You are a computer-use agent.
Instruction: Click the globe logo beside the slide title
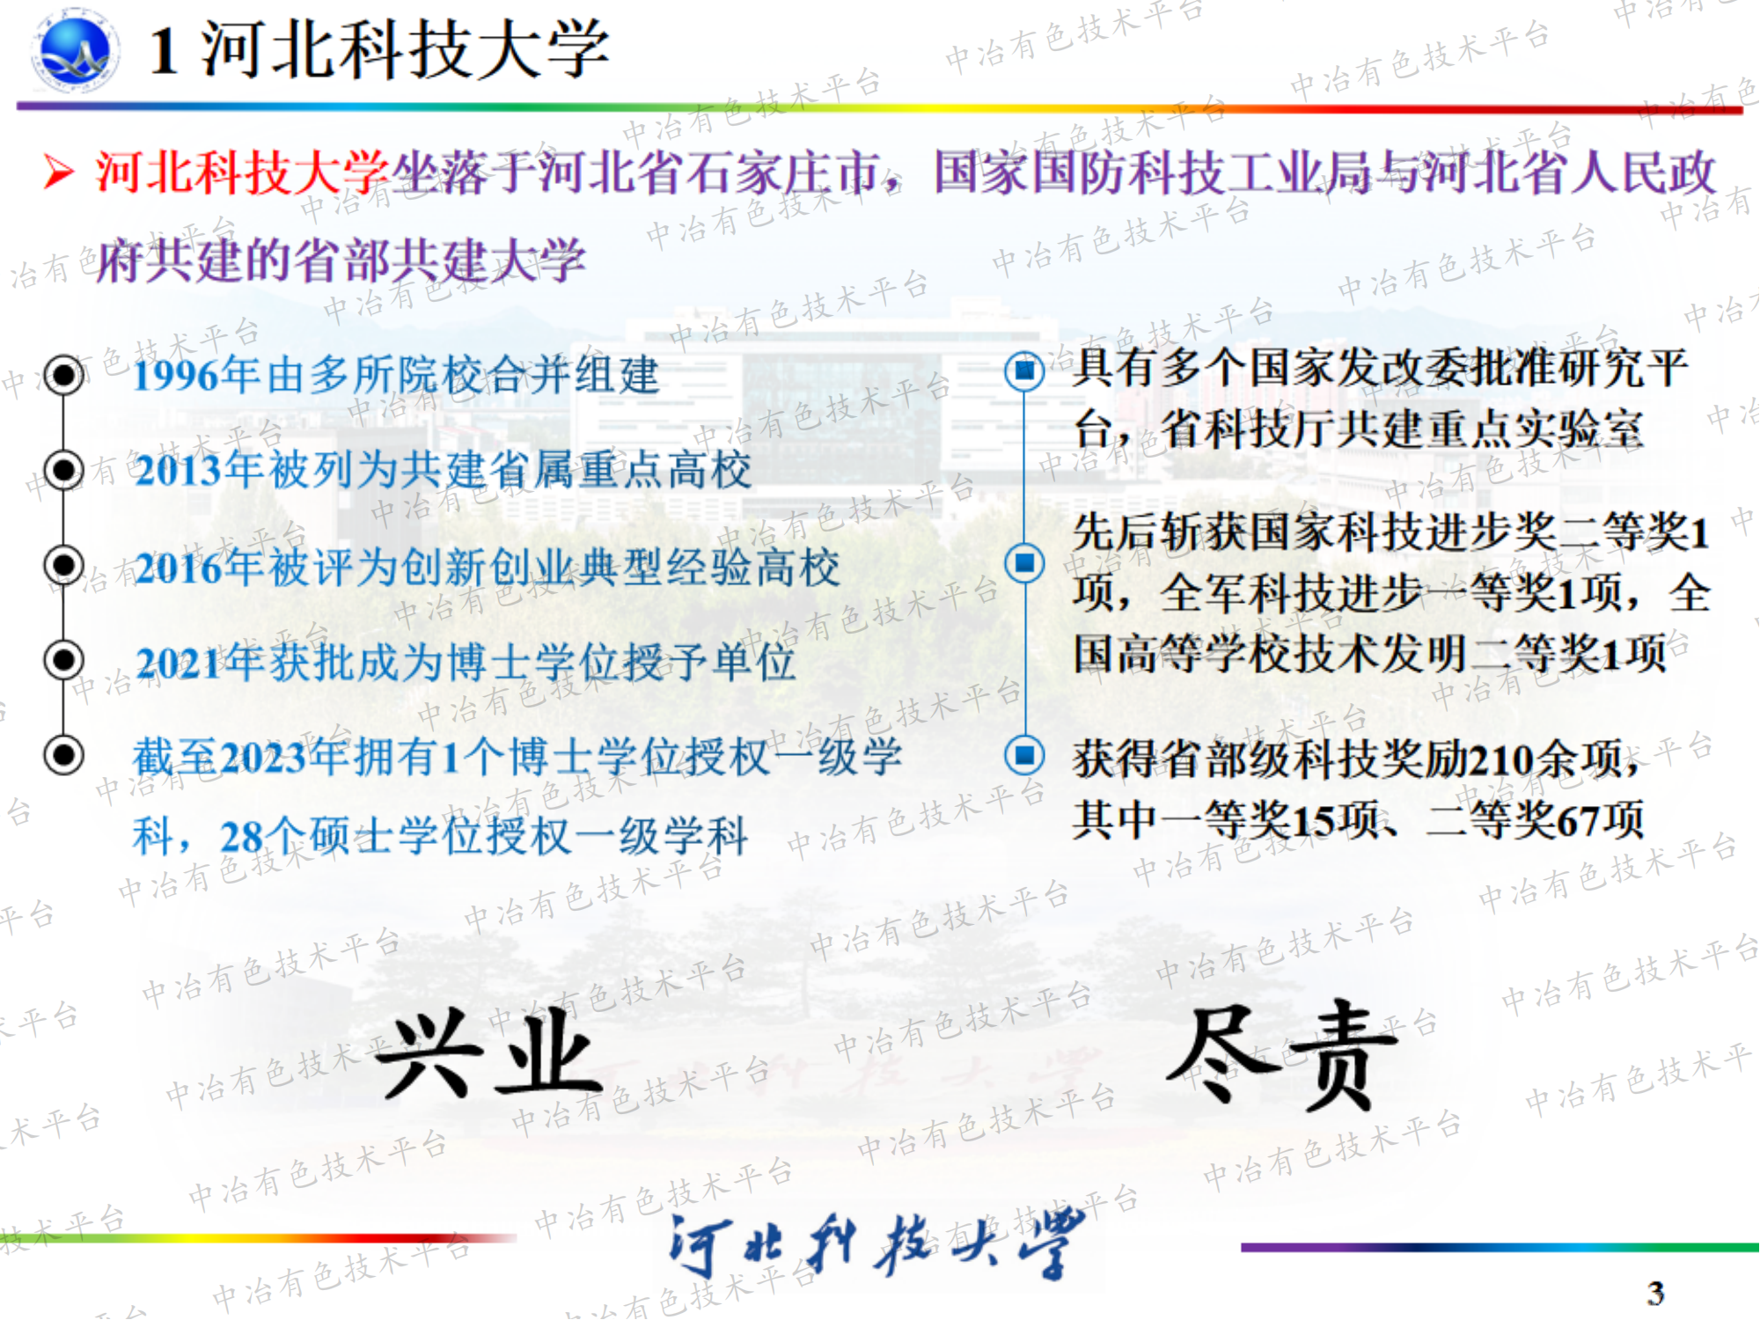pyautogui.click(x=75, y=50)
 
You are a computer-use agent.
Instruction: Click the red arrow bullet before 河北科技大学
pyautogui.click(x=59, y=171)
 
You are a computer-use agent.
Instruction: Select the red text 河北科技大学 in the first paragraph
pyautogui.click(x=242, y=171)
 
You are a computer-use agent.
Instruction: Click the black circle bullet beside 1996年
pyautogui.click(x=64, y=376)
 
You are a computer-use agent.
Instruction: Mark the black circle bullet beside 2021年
pyautogui.click(x=64, y=660)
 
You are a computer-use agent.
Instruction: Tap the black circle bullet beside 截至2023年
pyautogui.click(x=64, y=755)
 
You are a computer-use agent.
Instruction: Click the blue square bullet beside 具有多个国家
pyautogui.click(x=1024, y=370)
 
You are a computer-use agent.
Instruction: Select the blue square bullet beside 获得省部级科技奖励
pyautogui.click(x=1024, y=755)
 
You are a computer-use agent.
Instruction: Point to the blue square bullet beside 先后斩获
pyautogui.click(x=1024, y=563)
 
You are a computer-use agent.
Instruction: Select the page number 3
pyautogui.click(x=1655, y=1293)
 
